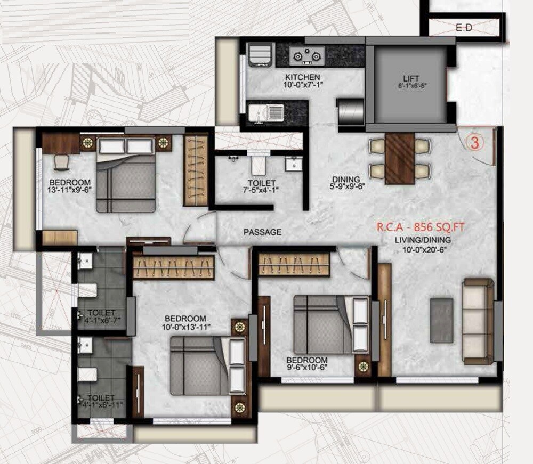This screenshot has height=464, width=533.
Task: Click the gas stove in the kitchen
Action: point(308,54)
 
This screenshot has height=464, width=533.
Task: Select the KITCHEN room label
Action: point(302,77)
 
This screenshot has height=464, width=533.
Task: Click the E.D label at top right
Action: point(464,28)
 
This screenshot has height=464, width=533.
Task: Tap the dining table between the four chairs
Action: point(400,158)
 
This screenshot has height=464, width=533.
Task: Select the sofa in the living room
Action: point(478,321)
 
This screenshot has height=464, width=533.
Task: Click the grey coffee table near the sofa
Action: point(441,320)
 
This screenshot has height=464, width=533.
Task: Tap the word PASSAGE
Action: point(262,232)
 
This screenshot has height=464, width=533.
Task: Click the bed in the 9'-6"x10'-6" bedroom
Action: point(324,324)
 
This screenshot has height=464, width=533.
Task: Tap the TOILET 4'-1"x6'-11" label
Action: point(101,401)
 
